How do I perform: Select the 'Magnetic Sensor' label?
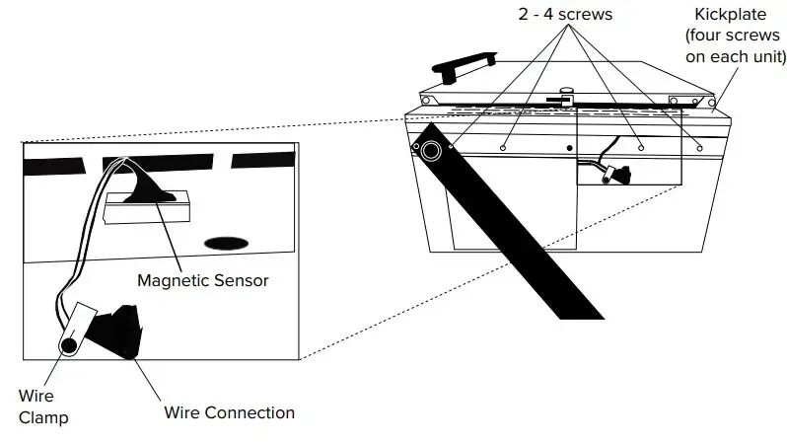click(203, 281)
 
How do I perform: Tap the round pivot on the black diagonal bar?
click(432, 151)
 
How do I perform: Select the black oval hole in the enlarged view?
click(225, 242)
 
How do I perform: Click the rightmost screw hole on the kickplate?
click(699, 147)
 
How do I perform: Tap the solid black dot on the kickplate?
click(569, 148)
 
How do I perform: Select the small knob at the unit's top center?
click(566, 93)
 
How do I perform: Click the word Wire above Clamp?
click(36, 397)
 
